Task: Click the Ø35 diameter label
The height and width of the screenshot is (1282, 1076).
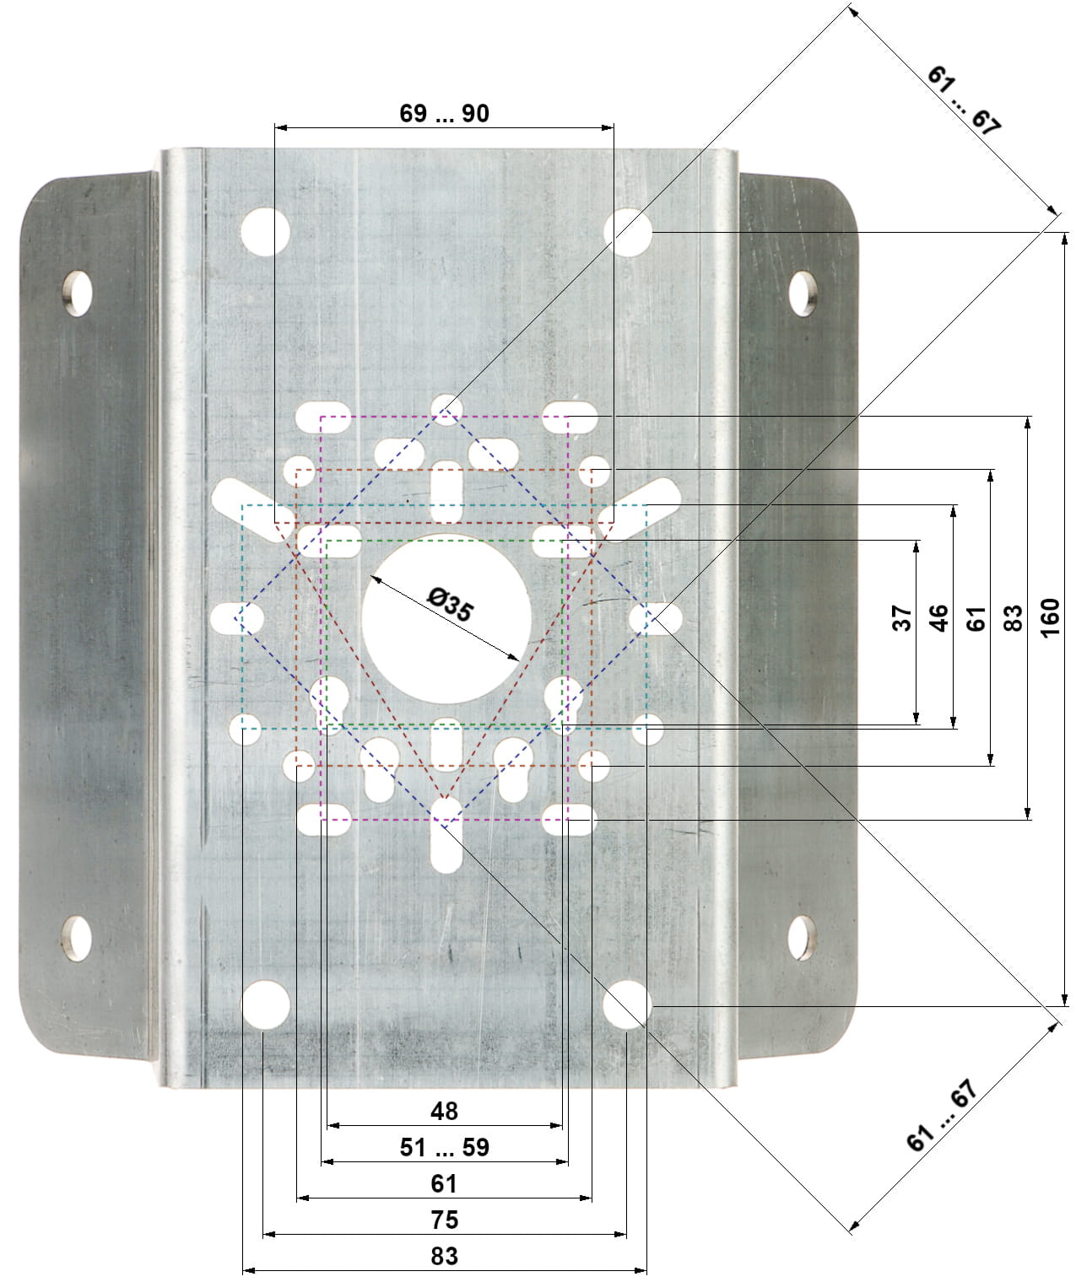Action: [x=451, y=604]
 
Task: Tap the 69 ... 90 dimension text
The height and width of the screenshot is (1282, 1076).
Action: [x=444, y=114]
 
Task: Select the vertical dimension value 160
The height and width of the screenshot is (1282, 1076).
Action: [x=1050, y=617]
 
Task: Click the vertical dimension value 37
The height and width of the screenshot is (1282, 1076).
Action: [x=901, y=618]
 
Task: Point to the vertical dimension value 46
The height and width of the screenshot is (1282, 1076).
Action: [x=938, y=618]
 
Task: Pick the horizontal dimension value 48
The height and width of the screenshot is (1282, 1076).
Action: [x=444, y=1112]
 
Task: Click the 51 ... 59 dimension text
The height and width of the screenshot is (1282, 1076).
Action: [x=444, y=1148]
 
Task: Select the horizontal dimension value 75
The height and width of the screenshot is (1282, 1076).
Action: [x=444, y=1220]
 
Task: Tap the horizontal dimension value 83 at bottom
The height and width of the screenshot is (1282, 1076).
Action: [x=444, y=1256]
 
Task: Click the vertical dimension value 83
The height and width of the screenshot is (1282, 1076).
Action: [x=1013, y=618]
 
